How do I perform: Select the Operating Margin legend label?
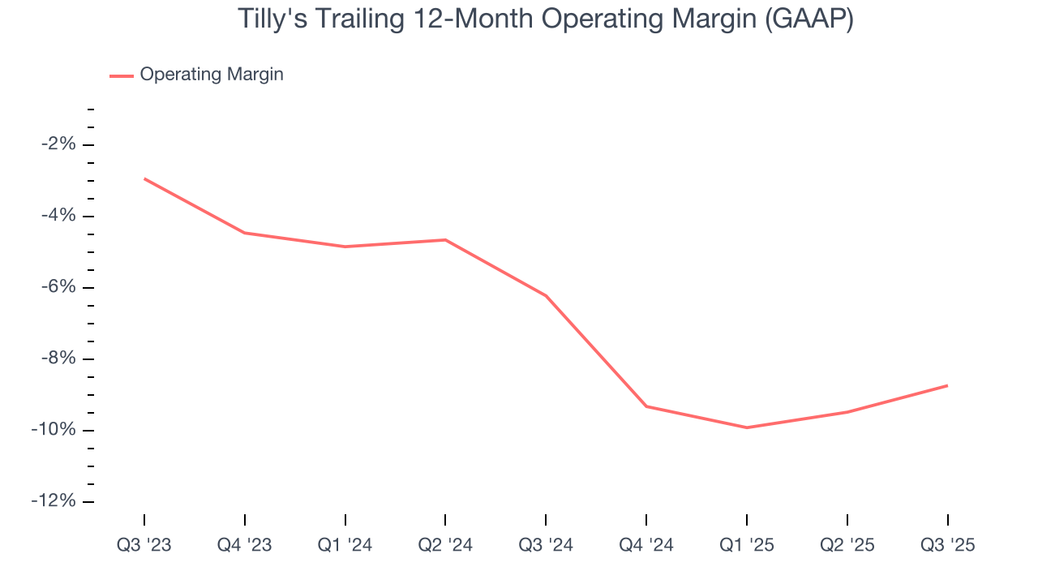click(212, 75)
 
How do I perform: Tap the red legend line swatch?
click(122, 75)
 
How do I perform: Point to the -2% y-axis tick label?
click(58, 144)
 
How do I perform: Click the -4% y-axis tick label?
click(58, 216)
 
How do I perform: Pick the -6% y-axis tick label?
click(58, 287)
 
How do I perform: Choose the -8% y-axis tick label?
click(58, 359)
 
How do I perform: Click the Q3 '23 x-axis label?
click(144, 545)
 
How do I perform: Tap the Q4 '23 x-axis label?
click(245, 545)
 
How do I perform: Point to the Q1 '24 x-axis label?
click(345, 545)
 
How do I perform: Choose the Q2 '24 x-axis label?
click(445, 545)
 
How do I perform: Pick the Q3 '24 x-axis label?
click(546, 545)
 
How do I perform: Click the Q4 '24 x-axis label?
click(646, 545)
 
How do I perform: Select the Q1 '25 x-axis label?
click(747, 545)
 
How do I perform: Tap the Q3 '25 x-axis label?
click(948, 545)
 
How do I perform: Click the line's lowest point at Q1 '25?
click(747, 427)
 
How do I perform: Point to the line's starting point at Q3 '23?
click(144, 178)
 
